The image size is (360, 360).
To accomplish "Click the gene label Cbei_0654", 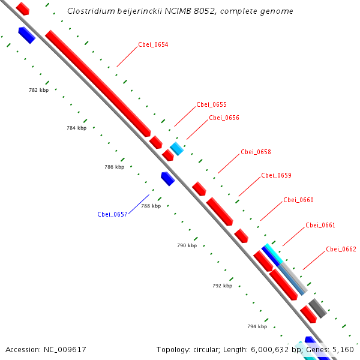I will [153, 44].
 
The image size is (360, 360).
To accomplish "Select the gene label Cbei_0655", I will [211, 104].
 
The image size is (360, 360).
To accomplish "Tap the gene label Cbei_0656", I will [224, 118].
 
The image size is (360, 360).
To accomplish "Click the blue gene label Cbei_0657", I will [112, 214].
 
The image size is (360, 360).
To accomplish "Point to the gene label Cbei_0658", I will [256, 152].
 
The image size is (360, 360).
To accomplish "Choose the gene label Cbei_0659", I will [276, 175].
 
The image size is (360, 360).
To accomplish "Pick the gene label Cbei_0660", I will [298, 200].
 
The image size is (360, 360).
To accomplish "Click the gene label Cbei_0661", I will [320, 225].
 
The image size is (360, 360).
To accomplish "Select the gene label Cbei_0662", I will [341, 249].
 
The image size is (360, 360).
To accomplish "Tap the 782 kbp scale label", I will [38, 90].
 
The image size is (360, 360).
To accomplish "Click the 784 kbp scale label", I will [76, 128].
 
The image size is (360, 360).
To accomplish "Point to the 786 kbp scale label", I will [114, 167].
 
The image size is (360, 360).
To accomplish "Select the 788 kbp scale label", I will [151, 206].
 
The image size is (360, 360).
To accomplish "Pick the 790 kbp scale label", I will [187, 245].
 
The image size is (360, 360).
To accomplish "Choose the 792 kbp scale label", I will [222, 286].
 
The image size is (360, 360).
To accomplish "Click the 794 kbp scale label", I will [257, 326].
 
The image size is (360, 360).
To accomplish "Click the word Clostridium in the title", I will [89, 11].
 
